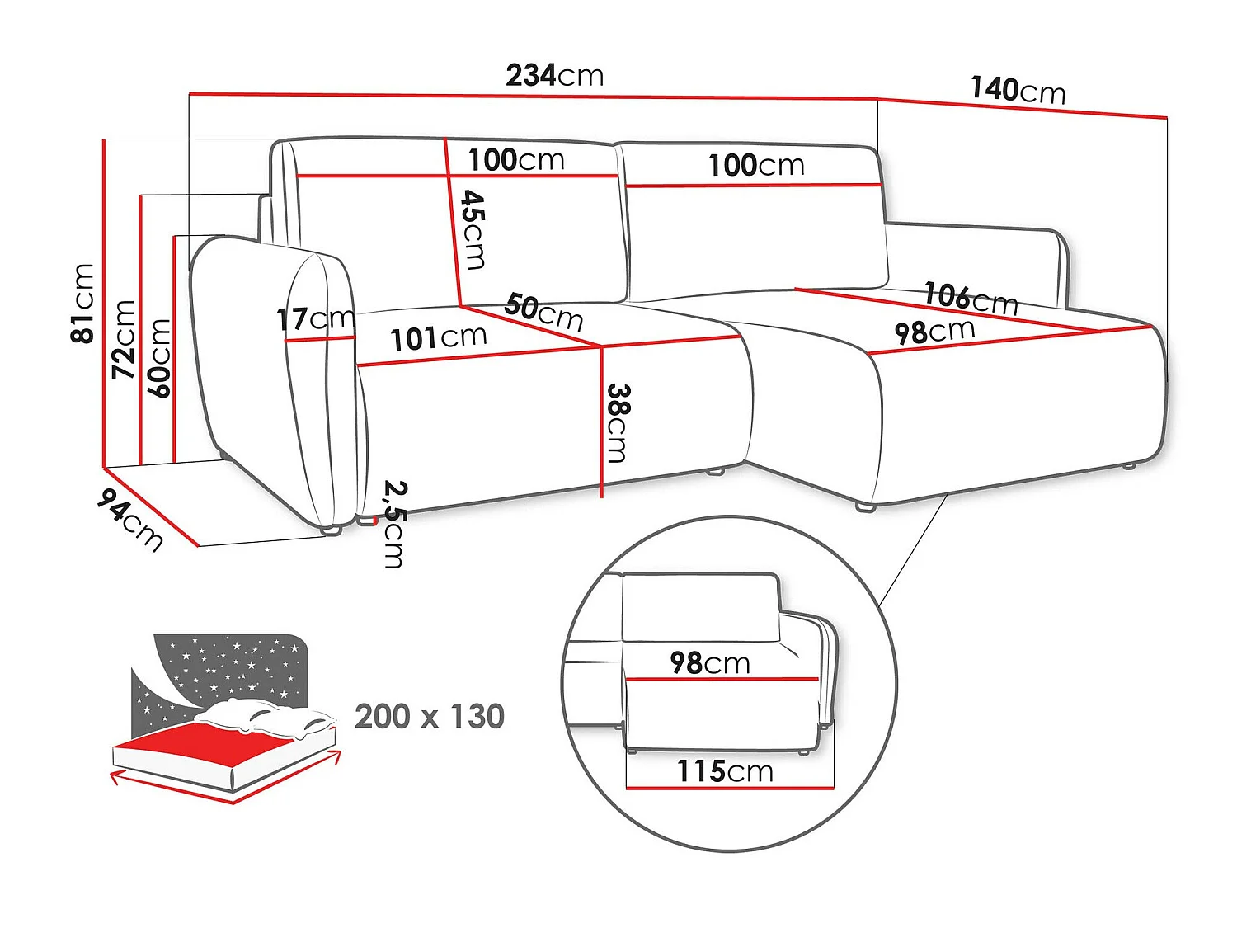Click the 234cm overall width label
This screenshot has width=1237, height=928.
tap(554, 76)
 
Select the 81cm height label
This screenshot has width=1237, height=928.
tap(82, 303)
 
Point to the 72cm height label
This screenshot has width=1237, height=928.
tap(124, 339)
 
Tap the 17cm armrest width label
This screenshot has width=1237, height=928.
tap(316, 319)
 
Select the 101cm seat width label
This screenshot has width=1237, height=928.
tap(439, 338)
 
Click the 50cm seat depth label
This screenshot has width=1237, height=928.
tap(543, 311)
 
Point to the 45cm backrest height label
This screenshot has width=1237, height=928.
tap(474, 230)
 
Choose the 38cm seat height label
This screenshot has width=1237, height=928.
tap(618, 423)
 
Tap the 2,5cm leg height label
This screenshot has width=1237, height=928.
tap(394, 524)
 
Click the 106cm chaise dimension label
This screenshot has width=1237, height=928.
tap(971, 299)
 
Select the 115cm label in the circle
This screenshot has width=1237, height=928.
tap(725, 770)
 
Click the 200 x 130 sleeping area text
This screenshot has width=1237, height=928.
tap(430, 716)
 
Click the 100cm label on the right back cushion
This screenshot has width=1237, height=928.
tap(756, 165)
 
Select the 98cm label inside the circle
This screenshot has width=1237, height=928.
tap(710, 662)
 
